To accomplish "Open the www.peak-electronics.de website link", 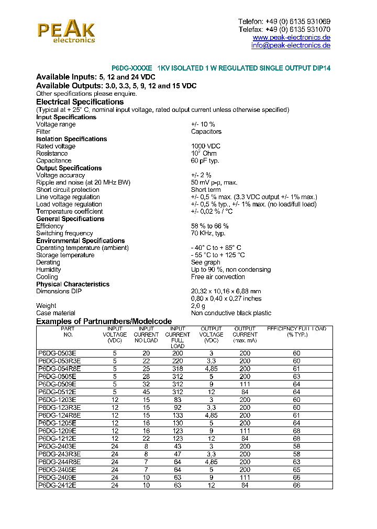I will click(x=291, y=38).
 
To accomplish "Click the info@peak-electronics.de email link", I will click(x=291, y=45).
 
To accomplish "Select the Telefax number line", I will click(x=284, y=29).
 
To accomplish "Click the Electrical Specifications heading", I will click(x=80, y=102).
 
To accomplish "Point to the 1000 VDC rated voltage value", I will click(x=205, y=146).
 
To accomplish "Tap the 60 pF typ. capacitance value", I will click(x=205, y=161).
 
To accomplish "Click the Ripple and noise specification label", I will click(x=83, y=182).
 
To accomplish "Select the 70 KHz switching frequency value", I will click(x=208, y=233).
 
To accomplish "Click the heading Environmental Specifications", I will click(x=80, y=240).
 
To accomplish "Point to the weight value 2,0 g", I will click(x=198, y=306).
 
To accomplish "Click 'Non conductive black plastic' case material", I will click(x=231, y=313).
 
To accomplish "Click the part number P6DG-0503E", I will click(x=58, y=353).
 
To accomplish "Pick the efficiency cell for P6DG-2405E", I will click(x=296, y=470).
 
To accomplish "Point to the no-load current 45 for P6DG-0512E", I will click(x=146, y=392).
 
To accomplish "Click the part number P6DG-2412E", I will click(x=58, y=486).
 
